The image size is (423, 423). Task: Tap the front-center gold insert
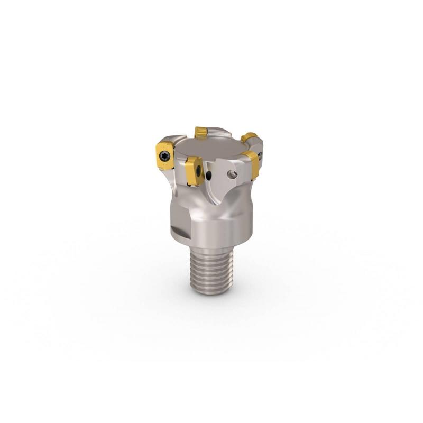click(195, 171)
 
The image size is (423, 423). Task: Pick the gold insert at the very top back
click(201, 132)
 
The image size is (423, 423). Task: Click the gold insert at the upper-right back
click(249, 137)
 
